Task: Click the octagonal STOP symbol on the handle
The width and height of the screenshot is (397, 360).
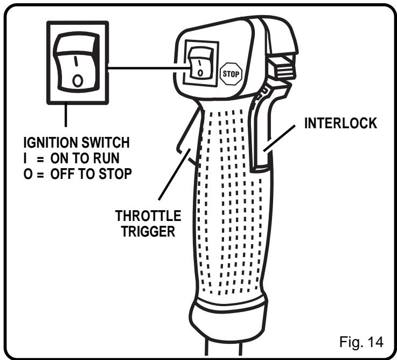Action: [x=231, y=71]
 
